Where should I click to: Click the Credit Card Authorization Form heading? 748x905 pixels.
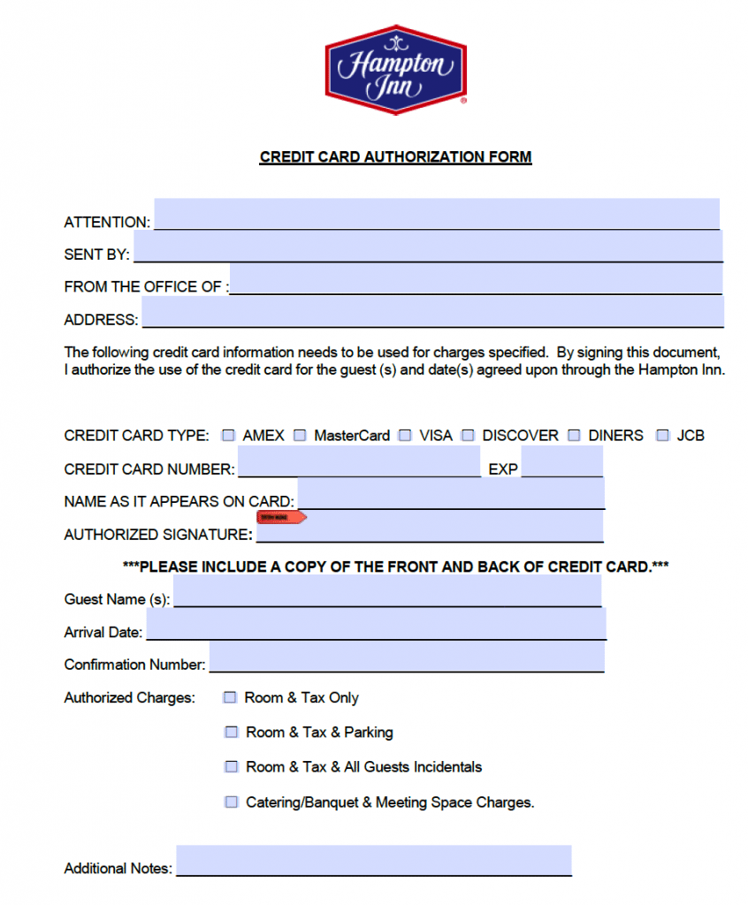395,157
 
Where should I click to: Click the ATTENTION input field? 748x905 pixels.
437,214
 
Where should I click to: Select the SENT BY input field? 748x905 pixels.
428,247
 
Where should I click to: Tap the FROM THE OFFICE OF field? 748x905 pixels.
476,279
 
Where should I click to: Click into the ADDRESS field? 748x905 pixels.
432,312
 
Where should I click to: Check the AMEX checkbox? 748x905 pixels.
229,436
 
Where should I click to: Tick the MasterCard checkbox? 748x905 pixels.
300,436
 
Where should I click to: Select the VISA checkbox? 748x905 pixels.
405,436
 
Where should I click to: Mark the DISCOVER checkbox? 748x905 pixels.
468,436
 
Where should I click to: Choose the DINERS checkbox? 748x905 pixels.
574,436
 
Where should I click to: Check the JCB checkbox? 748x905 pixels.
663,436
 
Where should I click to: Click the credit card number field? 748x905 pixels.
359,461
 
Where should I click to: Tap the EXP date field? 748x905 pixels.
561,461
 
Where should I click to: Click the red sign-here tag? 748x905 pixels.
280,517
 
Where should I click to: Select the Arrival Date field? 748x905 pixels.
376,624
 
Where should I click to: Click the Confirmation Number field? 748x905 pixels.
407,657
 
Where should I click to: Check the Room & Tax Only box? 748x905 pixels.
231,697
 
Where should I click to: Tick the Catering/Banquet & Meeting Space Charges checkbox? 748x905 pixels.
232,802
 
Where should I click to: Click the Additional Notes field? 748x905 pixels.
373,860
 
